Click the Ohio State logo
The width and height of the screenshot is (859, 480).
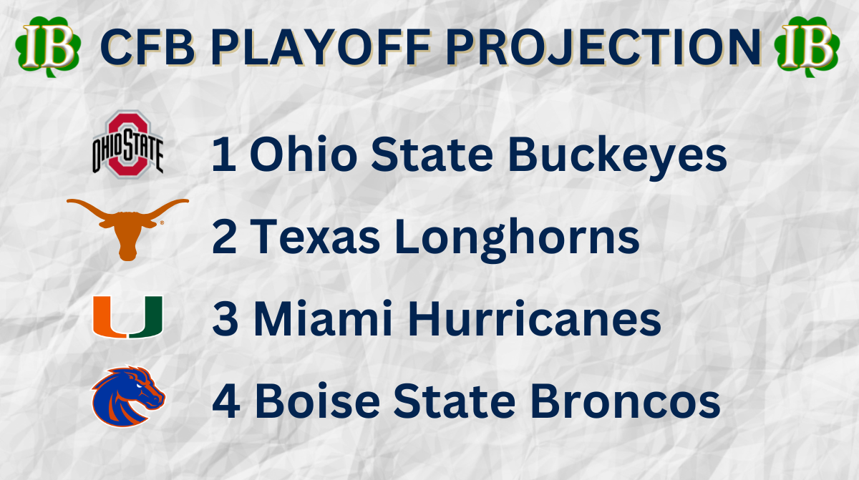[127, 144]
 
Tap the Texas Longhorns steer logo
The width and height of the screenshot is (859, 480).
[127, 227]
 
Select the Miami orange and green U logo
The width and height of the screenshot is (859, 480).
[127, 317]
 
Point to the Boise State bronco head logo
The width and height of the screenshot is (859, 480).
[128, 397]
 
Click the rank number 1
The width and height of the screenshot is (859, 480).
[223, 156]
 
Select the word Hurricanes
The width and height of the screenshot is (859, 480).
[530, 320]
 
